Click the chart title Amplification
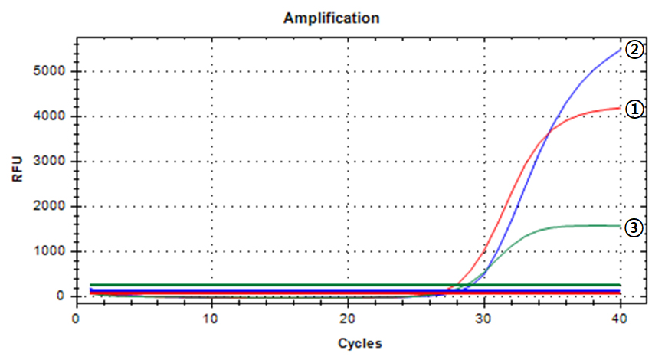(x=332, y=17)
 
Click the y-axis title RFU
(x=18, y=167)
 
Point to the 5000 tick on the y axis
(x=52, y=71)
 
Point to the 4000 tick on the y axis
(x=52, y=116)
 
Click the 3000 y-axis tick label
(x=52, y=162)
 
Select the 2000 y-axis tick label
(x=52, y=207)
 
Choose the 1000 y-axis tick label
(x=52, y=251)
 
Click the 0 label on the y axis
(x=64, y=296)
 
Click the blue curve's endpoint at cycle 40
(x=621, y=48)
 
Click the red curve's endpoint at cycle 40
(x=621, y=108)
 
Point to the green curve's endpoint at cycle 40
(x=621, y=226)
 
